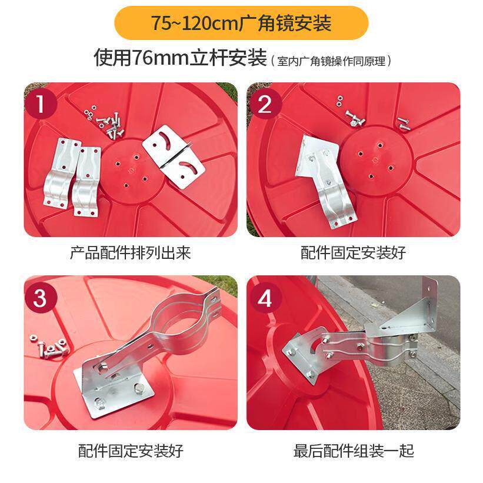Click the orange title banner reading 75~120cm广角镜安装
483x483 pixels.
point(241,23)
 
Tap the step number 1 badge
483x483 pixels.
point(41,104)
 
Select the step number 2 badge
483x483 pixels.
point(264,104)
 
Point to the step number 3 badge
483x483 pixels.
point(41,298)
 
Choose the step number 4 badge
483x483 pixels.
point(264,298)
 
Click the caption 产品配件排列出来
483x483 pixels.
point(131,253)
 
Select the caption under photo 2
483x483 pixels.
point(354,253)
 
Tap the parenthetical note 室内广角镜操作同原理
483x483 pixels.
point(331,61)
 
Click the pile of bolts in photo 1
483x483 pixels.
point(106,122)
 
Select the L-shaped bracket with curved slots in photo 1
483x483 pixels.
point(174,156)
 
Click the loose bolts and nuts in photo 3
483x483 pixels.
point(49,346)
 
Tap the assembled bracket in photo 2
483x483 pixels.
point(325,181)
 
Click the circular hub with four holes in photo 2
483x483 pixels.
point(376,160)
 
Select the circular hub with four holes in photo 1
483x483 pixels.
point(132,171)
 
